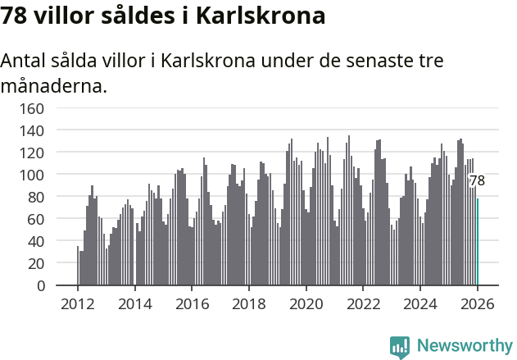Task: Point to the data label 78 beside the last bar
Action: tap(477, 180)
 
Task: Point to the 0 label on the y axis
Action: tap(39, 286)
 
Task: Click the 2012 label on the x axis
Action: tap(78, 304)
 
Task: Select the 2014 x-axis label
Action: tap(135, 304)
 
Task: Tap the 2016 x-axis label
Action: tap(192, 304)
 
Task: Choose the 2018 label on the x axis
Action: tap(249, 304)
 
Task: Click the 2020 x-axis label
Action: tap(306, 304)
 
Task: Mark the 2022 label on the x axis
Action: tap(363, 304)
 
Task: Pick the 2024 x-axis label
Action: tap(420, 304)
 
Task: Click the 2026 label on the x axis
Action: tap(477, 304)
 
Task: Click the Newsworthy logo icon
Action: tap(400, 346)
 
